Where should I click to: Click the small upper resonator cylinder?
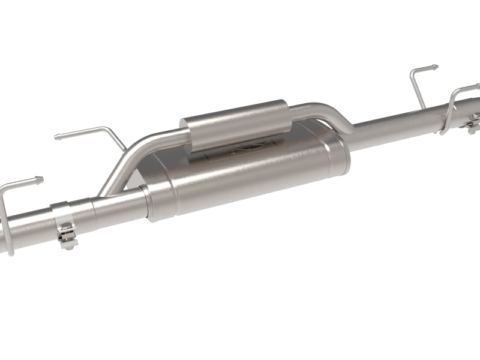click(234, 123)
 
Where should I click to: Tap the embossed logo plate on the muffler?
click(240, 150)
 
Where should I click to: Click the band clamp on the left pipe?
click(63, 213)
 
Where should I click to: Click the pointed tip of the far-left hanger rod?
click(41, 178)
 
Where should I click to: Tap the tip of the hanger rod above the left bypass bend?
click(58, 137)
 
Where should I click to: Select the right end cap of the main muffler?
click(342, 150)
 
